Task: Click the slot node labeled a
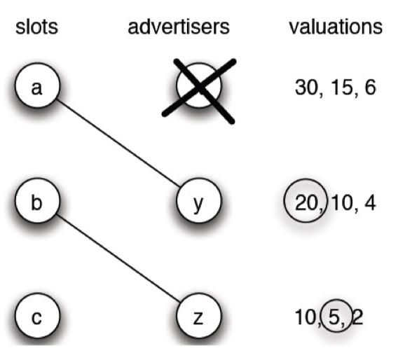(x=38, y=85)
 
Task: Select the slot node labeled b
(x=38, y=200)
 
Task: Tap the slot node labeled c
(x=38, y=315)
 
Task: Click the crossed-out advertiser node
(x=199, y=85)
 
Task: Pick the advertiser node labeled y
(x=199, y=200)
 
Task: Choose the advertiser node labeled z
(x=199, y=315)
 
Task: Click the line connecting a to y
(x=118, y=144)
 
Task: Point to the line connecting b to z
(x=118, y=258)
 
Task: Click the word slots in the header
(x=37, y=27)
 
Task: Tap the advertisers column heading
(x=179, y=27)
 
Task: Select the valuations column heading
(x=336, y=27)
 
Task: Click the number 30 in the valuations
(x=307, y=88)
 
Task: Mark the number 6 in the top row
(x=370, y=88)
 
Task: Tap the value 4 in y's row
(x=370, y=203)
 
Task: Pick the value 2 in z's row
(x=357, y=318)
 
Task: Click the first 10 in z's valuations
(x=306, y=318)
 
